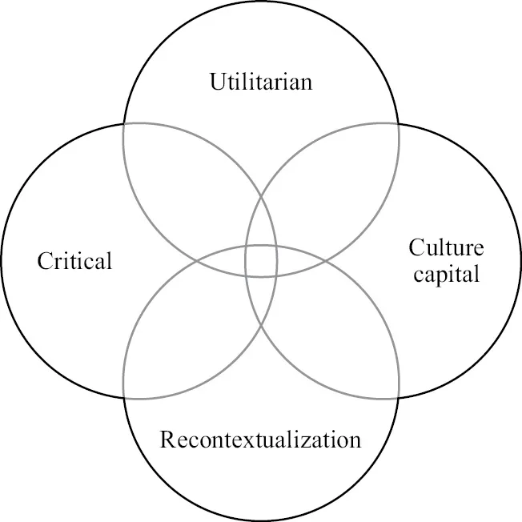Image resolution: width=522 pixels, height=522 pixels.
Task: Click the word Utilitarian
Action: tap(260, 82)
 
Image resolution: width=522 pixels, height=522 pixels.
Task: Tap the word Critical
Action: tap(75, 261)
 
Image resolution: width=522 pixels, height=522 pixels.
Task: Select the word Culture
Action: tap(446, 247)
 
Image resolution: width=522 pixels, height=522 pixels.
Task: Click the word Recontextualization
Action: tap(260, 440)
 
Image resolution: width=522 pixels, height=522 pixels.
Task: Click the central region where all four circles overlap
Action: tap(261, 261)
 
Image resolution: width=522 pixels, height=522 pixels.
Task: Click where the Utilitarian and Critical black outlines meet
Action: tap(123, 123)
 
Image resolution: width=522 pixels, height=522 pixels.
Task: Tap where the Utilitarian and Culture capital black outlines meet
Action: tap(399, 123)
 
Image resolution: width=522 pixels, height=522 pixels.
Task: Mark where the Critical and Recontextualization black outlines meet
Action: tap(123, 399)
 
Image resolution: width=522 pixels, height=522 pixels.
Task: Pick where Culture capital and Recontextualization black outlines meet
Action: tap(399, 399)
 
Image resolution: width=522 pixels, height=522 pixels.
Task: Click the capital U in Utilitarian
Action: tap(217, 82)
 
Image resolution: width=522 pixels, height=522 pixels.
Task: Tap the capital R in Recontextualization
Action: tap(167, 440)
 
